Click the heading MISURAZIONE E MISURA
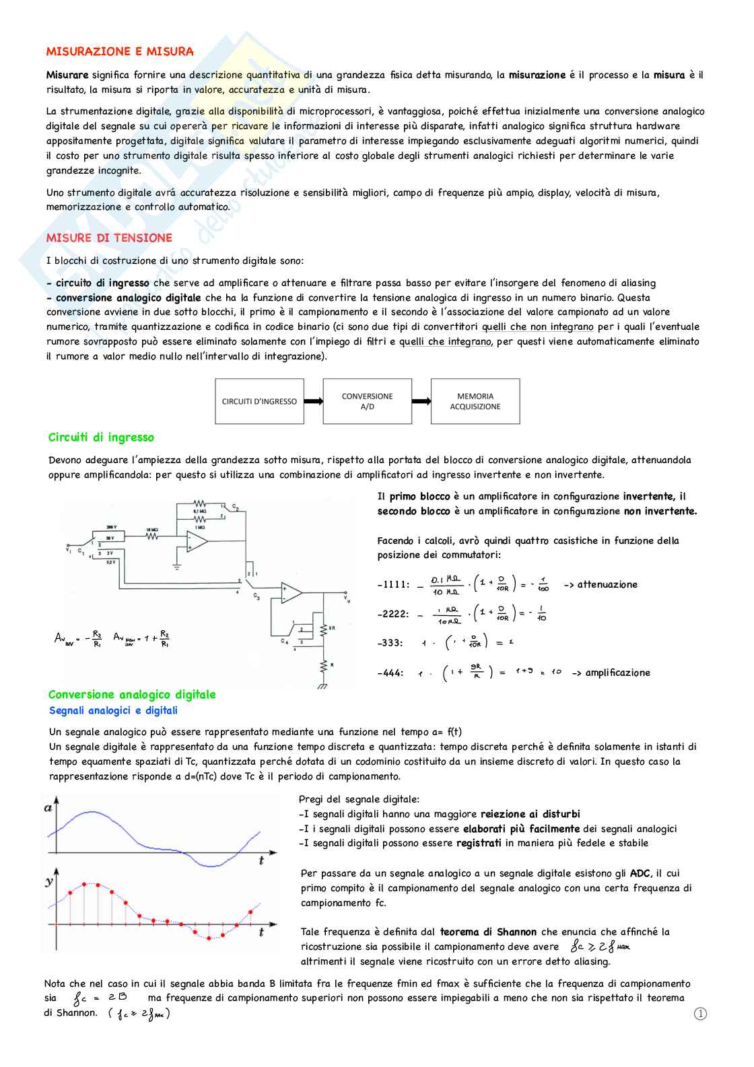(x=120, y=51)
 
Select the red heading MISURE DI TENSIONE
(x=109, y=238)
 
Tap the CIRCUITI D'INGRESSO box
(x=259, y=401)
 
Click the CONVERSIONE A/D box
(x=367, y=401)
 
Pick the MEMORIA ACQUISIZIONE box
(x=475, y=401)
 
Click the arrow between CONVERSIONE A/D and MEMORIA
(x=421, y=401)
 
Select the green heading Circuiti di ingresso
(x=101, y=438)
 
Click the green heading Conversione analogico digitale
(x=132, y=694)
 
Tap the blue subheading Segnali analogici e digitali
(x=113, y=710)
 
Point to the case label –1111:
(x=393, y=584)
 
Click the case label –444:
(x=390, y=673)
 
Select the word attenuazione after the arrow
(x=607, y=584)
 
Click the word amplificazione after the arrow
(x=617, y=673)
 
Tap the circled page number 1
(x=700, y=1014)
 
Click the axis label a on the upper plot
(x=48, y=808)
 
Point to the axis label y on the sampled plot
(x=49, y=881)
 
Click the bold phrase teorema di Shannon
(x=488, y=932)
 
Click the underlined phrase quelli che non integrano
(x=538, y=326)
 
